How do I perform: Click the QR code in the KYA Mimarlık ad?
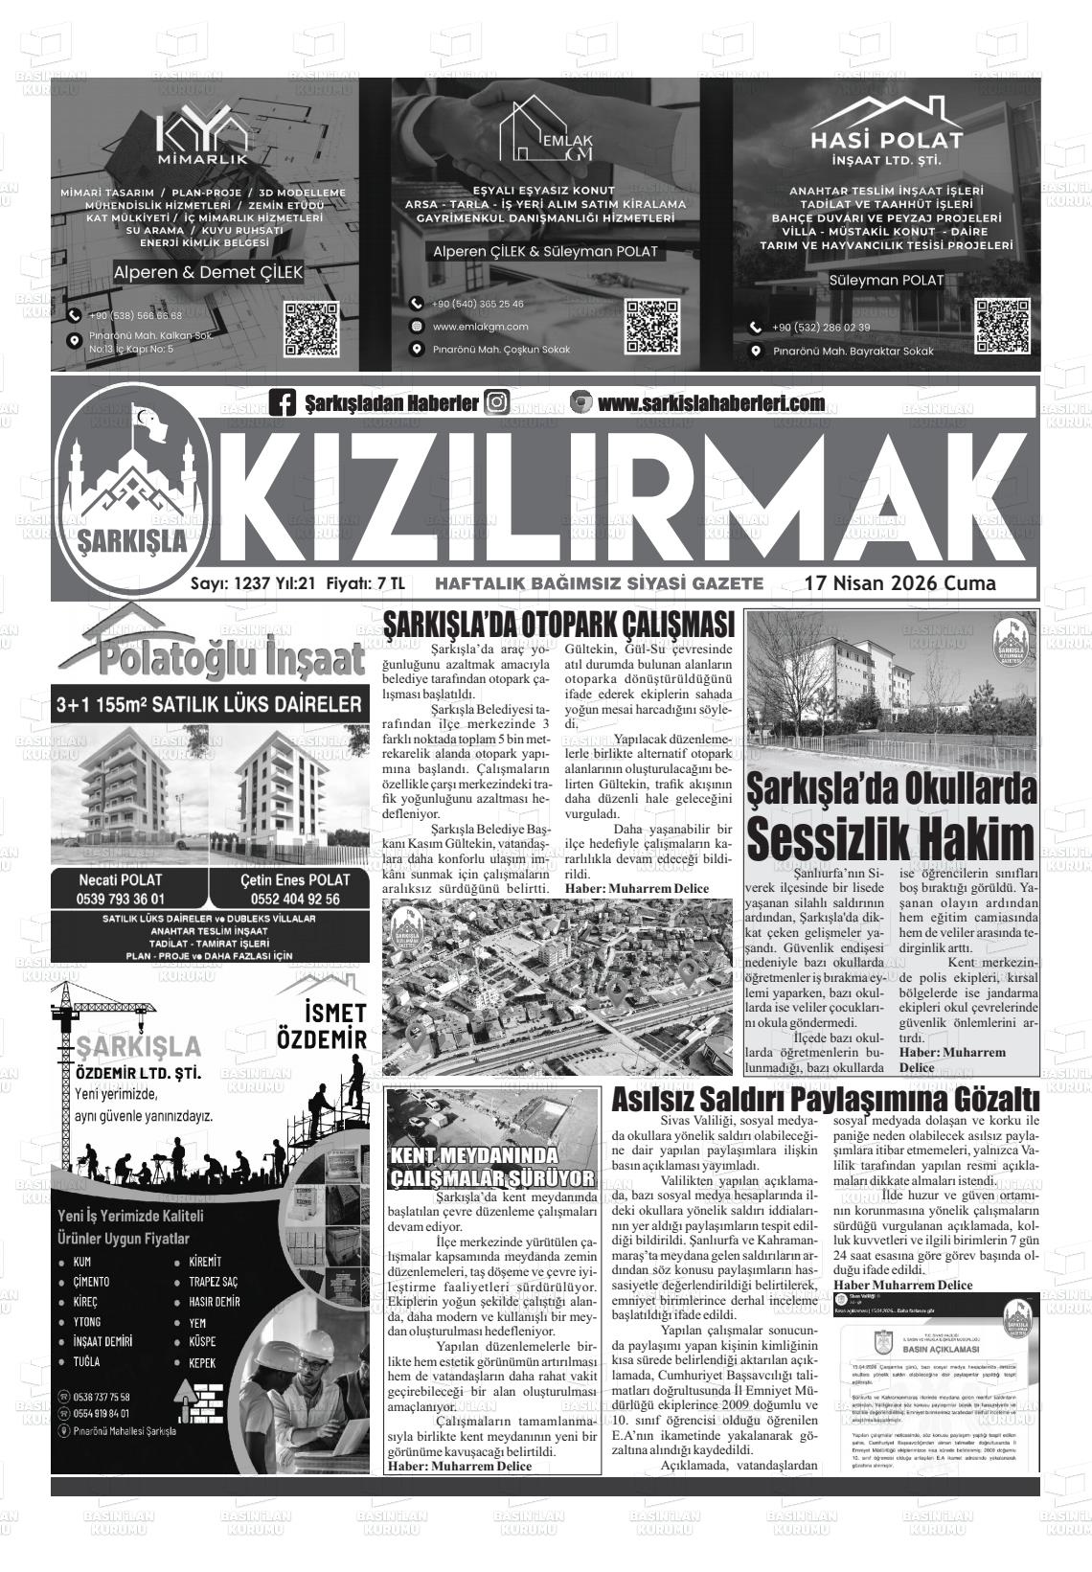point(311,329)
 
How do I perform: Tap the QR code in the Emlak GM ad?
point(652,327)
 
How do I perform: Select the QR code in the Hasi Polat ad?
point(1002,327)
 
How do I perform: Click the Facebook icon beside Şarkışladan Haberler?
point(283,403)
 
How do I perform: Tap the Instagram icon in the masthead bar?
point(497,402)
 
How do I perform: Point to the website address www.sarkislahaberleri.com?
point(711,403)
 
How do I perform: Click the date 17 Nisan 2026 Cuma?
point(899,583)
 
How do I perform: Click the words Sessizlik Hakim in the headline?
point(890,838)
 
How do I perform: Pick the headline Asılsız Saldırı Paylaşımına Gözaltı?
point(825,1099)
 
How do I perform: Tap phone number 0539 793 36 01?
point(121,899)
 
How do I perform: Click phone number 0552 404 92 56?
point(295,899)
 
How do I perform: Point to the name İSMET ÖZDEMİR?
point(323,1026)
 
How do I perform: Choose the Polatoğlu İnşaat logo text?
point(212,659)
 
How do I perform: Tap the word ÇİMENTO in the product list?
point(91,1282)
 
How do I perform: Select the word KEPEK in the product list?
point(202,1362)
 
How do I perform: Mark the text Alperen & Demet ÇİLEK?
point(208,272)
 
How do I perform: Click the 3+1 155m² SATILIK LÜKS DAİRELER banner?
point(209,705)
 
